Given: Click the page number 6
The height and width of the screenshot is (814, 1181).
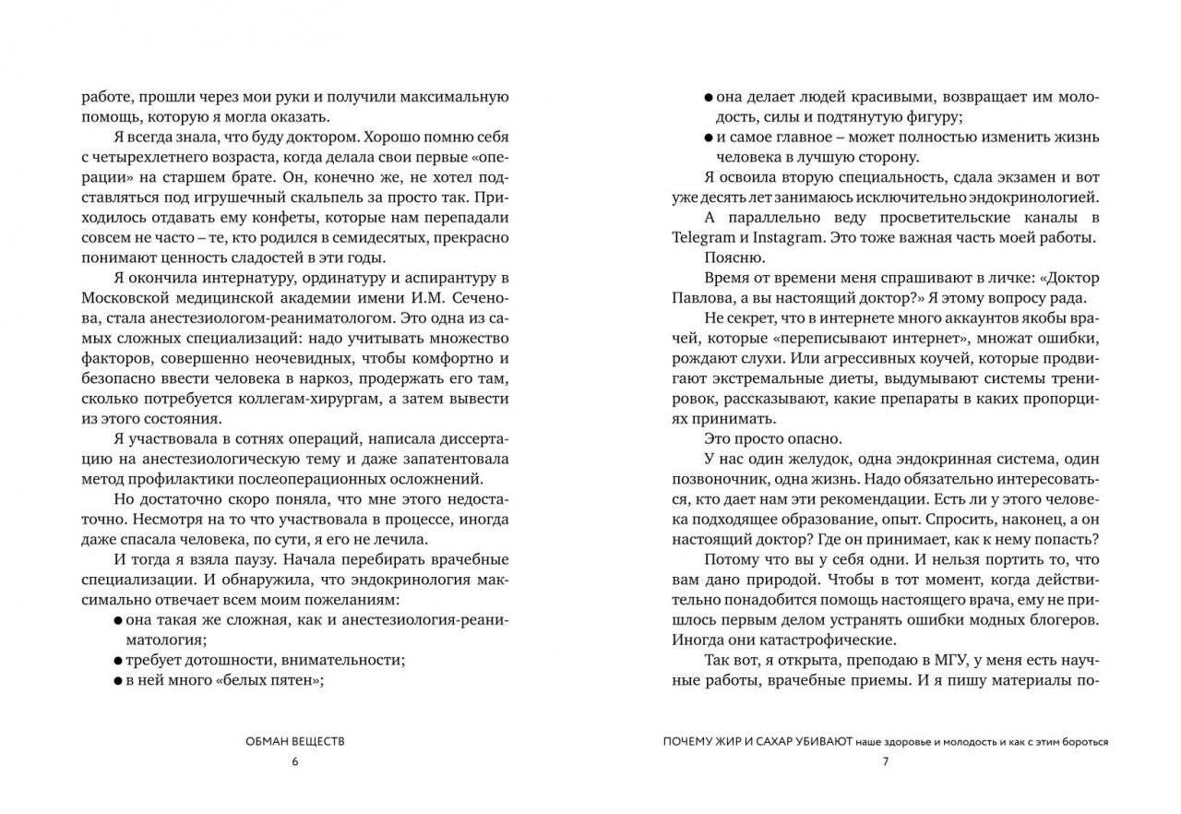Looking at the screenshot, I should (x=295, y=761).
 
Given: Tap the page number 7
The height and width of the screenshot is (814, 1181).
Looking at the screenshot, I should (x=885, y=761).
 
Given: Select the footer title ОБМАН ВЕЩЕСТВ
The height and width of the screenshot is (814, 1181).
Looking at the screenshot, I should (x=295, y=741).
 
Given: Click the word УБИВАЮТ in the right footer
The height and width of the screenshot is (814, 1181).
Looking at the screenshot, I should (x=818, y=741).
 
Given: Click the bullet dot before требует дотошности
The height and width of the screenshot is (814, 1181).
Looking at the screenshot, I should (x=117, y=661).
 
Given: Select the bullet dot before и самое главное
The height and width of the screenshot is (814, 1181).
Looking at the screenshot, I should (x=708, y=138).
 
